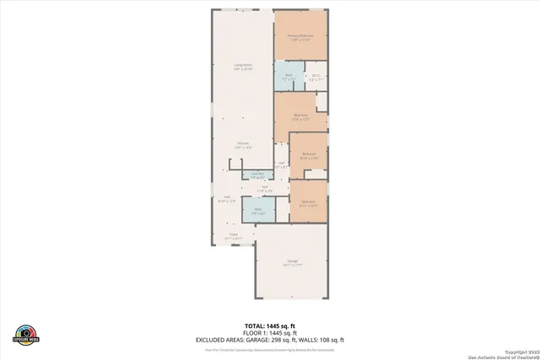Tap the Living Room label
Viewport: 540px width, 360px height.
tap(242, 66)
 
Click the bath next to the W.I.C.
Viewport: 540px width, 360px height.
tap(287, 77)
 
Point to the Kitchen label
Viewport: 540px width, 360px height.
tap(242, 145)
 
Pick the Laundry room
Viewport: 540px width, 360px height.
tap(257, 175)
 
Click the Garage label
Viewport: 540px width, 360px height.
tap(292, 264)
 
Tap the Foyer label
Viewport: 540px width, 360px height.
tap(233, 236)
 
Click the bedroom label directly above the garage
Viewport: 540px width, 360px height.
tap(308, 203)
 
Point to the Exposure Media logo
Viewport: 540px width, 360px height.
tap(25, 334)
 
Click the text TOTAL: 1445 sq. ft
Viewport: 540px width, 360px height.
tap(269, 325)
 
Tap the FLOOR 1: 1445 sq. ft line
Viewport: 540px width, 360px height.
tap(269, 332)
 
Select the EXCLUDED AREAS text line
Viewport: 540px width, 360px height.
tap(269, 340)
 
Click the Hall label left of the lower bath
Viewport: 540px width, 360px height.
tap(227, 199)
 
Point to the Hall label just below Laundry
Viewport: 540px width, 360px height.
tap(264, 189)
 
